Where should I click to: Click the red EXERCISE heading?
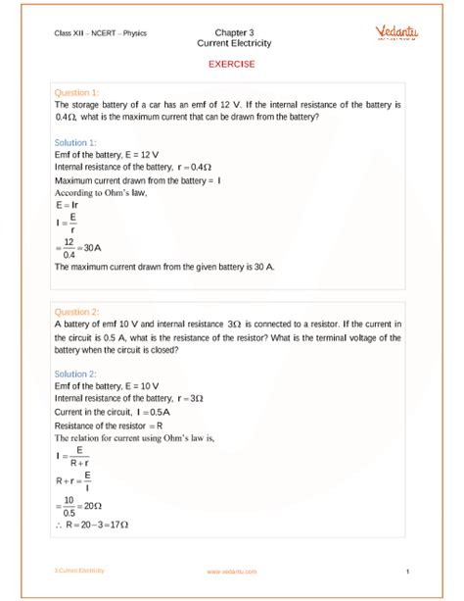pyautogui.click(x=232, y=64)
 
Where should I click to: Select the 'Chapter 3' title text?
pyautogui.click(x=232, y=31)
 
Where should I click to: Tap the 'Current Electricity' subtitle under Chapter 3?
pyautogui.click(x=232, y=43)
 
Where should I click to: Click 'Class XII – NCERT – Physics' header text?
pyautogui.click(x=101, y=32)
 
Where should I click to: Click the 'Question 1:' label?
pyautogui.click(x=77, y=91)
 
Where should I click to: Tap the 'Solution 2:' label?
pyautogui.click(x=76, y=374)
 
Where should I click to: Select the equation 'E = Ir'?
pyautogui.click(x=68, y=205)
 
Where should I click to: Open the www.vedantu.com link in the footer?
pyautogui.click(x=231, y=571)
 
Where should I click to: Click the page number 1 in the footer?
pyautogui.click(x=404, y=571)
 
